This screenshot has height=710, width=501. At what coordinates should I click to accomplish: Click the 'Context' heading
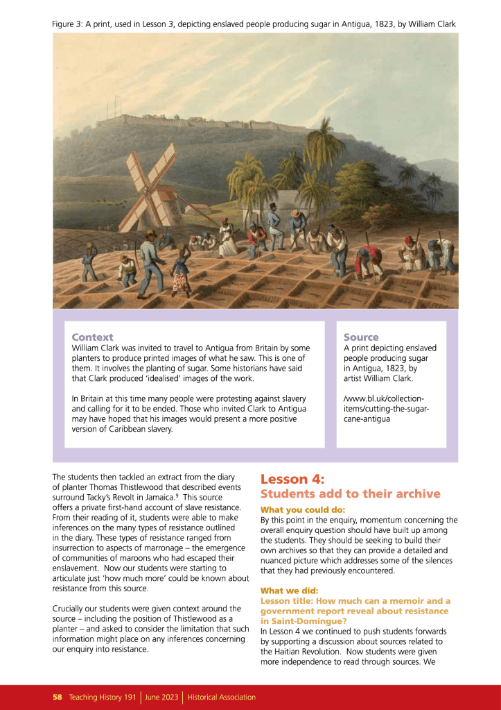tap(92, 337)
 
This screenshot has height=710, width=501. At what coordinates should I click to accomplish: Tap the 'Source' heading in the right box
tap(361, 337)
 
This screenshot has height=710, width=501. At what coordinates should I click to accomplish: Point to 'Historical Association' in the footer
tap(222, 697)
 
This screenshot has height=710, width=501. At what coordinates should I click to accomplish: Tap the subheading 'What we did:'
tap(289, 591)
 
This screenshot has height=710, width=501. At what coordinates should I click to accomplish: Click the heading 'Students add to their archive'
tap(350, 493)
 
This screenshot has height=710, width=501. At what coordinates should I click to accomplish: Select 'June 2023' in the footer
tap(161, 697)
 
